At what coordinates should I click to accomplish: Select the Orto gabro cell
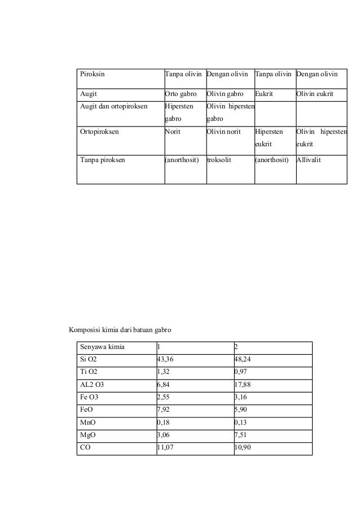click(180, 93)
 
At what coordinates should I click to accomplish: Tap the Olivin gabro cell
click(225, 93)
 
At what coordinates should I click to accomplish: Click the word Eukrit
click(264, 93)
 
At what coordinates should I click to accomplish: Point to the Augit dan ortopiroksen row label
click(114, 106)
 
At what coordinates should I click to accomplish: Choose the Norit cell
click(173, 132)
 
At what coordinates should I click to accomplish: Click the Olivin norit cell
click(224, 132)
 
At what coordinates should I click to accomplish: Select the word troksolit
click(219, 160)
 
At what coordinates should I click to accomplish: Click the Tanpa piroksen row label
click(103, 160)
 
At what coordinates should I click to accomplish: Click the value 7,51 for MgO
click(241, 434)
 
